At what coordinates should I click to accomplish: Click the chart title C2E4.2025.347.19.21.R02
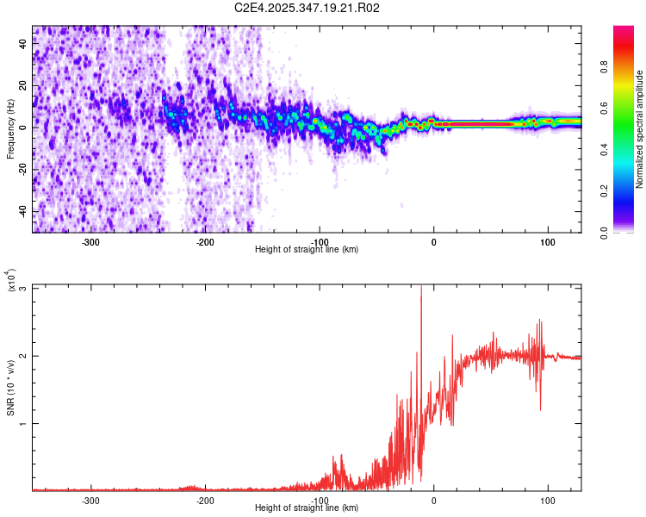307,8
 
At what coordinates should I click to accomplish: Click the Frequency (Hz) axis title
10,129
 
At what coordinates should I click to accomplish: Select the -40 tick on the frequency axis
22,212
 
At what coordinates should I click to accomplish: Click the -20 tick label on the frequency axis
22,170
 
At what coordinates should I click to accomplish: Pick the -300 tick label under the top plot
90,240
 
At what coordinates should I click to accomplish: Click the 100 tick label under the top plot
547,240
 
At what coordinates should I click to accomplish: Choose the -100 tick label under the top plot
319,240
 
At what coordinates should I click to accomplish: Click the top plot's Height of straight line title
307,250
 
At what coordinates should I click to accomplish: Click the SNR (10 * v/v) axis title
11,388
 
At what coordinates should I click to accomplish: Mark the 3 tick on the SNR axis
22,289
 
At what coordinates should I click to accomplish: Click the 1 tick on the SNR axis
22,424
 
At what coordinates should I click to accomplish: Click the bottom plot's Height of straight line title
307,508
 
